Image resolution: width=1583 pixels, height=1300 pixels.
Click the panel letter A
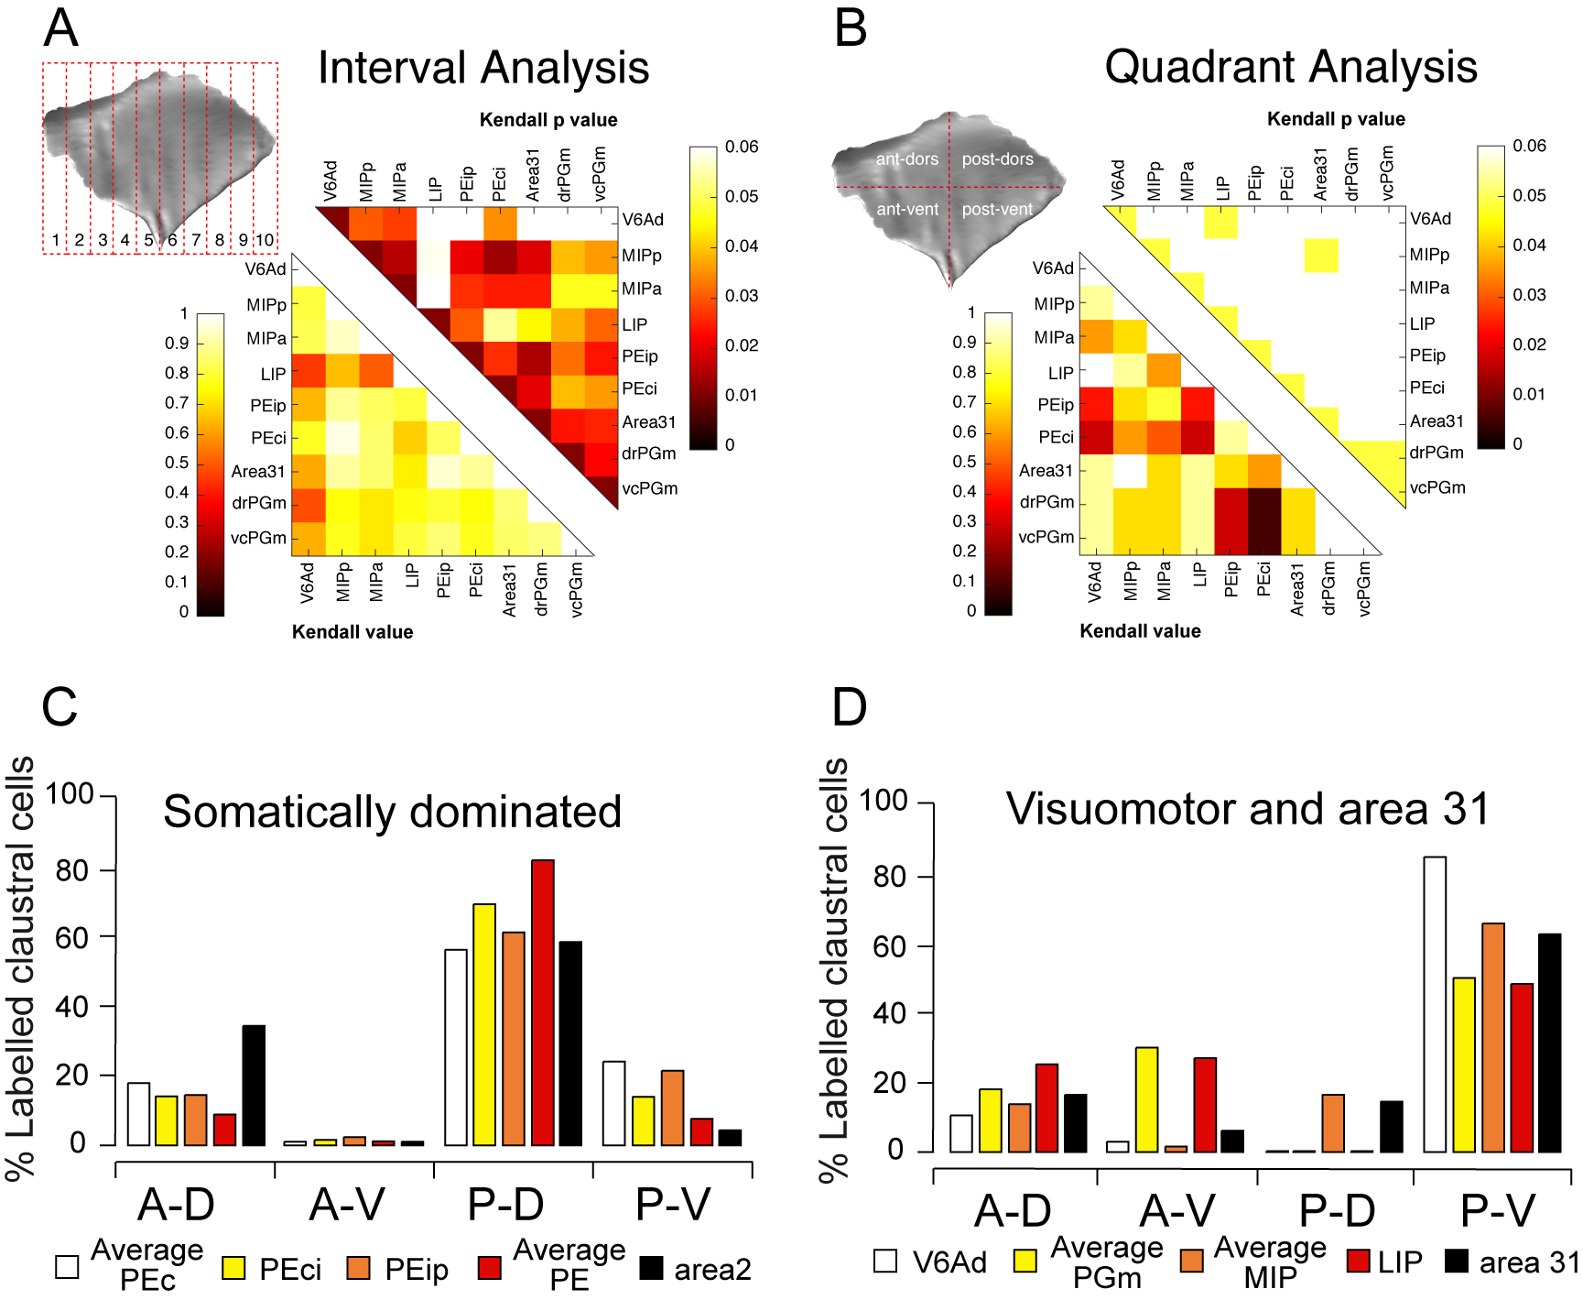coord(61,28)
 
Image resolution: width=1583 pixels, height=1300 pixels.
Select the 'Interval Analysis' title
coord(483,68)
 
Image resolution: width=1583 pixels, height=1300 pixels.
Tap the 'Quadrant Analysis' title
coord(1291,67)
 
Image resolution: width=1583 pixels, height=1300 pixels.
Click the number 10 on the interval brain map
coord(265,240)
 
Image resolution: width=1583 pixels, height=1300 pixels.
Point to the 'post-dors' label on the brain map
coord(997,159)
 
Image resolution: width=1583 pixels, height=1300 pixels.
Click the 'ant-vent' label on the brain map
coord(907,209)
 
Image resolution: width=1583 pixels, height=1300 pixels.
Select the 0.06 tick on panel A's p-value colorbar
coord(741,147)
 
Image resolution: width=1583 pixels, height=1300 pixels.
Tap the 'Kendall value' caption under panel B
coord(1140,631)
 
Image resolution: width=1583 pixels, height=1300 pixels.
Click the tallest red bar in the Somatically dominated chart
coord(543,1002)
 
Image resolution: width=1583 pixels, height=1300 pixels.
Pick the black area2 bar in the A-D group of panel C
coord(254,1085)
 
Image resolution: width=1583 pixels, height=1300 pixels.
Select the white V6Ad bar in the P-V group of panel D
coord(1435,1004)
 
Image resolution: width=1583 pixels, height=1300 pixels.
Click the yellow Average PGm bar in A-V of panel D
coord(1146,1099)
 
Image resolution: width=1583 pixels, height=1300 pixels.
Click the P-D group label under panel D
coord(1337,1211)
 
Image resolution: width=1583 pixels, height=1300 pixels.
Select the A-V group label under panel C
coord(348,1205)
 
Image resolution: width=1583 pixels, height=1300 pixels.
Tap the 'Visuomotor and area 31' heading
coord(1248,809)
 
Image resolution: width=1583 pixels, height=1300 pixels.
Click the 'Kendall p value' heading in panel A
coord(548,120)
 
